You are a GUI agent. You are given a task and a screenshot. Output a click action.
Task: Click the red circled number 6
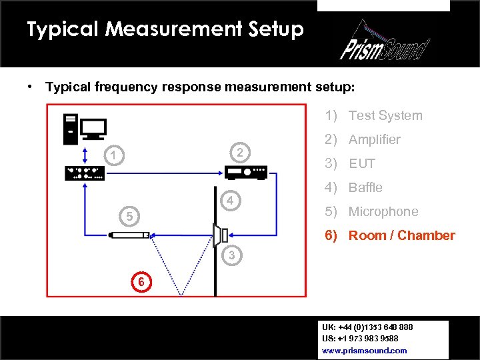pyautogui.click(x=141, y=282)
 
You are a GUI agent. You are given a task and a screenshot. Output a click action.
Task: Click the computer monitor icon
pyautogui.click(x=93, y=129)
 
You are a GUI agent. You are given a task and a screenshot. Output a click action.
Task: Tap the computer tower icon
pyautogui.click(x=69, y=129)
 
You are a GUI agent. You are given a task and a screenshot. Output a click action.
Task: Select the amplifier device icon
pyautogui.click(x=246, y=173)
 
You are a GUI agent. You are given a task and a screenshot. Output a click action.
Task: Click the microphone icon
pyautogui.click(x=129, y=235)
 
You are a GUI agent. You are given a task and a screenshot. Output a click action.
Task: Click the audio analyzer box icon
pyautogui.click(x=84, y=173)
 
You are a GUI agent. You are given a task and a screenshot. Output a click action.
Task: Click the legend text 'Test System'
pyautogui.click(x=385, y=115)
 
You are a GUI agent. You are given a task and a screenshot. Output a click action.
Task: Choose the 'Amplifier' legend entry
pyautogui.click(x=374, y=139)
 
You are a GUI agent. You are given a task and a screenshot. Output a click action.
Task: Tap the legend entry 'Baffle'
pyautogui.click(x=365, y=187)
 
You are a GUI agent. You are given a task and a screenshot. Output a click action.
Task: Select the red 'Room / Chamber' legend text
pyautogui.click(x=401, y=235)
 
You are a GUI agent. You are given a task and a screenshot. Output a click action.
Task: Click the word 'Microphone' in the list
pyautogui.click(x=383, y=211)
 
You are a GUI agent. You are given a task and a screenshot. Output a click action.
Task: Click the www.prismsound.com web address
pyautogui.click(x=365, y=350)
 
